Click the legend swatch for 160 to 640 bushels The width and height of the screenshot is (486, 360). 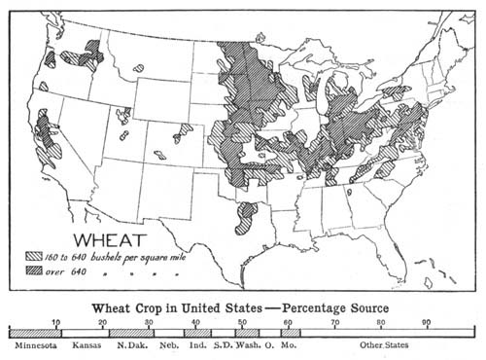click(x=38, y=256)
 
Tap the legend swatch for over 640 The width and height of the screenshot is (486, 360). click(x=38, y=271)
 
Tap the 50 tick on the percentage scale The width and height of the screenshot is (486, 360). click(x=242, y=322)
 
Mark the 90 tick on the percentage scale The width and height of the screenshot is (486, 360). click(x=426, y=322)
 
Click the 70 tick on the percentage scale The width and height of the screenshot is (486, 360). click(x=334, y=322)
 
